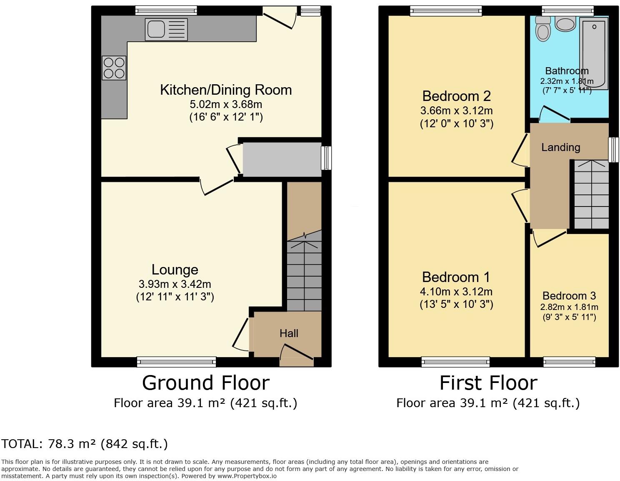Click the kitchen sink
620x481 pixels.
click(x=166, y=29)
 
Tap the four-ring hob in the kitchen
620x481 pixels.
click(x=114, y=68)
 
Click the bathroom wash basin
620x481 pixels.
click(x=565, y=23)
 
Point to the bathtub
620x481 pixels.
click(x=594, y=53)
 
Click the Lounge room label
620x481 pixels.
click(x=175, y=269)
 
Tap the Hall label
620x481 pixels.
click(x=289, y=333)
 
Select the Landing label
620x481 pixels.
click(x=561, y=147)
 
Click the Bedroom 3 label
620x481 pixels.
click(x=569, y=296)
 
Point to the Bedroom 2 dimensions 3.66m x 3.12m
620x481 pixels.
click(x=457, y=111)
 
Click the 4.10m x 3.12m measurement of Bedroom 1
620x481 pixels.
click(x=456, y=292)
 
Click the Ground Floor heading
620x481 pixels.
click(x=206, y=383)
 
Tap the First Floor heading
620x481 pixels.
click(x=488, y=383)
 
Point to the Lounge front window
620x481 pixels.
click(x=176, y=362)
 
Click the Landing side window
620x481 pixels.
click(x=613, y=150)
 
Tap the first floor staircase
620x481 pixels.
click(x=591, y=194)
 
